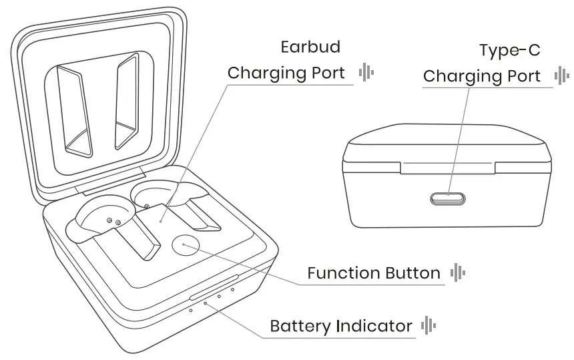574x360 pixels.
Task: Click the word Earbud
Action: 310,47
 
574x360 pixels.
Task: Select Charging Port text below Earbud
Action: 286,73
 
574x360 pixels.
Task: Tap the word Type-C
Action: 510,51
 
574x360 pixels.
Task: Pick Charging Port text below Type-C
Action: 482,76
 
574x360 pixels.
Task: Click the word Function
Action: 343,273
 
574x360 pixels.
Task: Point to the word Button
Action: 412,273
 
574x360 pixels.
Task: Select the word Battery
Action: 300,327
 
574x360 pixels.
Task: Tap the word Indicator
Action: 374,327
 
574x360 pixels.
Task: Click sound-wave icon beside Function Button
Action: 457,273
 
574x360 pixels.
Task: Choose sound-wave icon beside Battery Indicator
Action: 428,326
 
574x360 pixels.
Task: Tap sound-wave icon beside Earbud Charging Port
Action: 366,72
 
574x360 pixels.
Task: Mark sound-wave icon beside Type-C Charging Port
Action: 562,75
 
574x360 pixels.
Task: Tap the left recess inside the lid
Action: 75,107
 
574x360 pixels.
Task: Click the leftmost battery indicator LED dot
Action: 191,310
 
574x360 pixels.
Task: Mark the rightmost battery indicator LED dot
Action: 232,289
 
